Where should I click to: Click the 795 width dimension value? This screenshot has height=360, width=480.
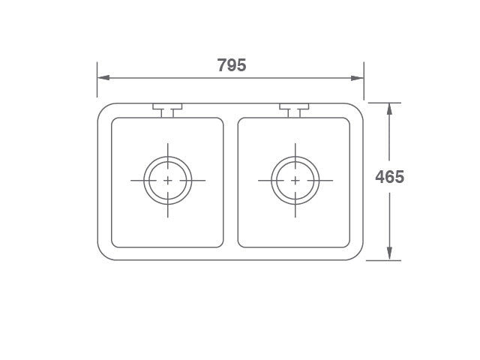pyautogui.click(x=232, y=65)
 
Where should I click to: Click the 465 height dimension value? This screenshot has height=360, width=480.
pyautogui.click(x=389, y=177)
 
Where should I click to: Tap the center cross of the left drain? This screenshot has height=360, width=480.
pyautogui.click(x=167, y=181)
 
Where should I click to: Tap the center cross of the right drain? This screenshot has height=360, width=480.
pyautogui.click(x=295, y=181)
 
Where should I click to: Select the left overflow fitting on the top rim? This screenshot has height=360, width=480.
pyautogui.click(x=167, y=109)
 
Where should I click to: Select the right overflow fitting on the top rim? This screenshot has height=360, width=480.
pyautogui.click(x=295, y=109)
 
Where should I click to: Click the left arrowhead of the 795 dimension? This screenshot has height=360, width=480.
pyautogui.click(x=103, y=77)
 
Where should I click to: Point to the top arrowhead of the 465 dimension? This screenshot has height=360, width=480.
pyautogui.click(x=389, y=109)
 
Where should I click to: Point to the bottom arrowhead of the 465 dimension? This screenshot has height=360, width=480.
pyautogui.click(x=389, y=254)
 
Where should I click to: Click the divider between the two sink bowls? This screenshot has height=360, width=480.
pyautogui.click(x=231, y=182)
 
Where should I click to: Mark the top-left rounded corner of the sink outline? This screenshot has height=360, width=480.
pyautogui.click(x=103, y=109)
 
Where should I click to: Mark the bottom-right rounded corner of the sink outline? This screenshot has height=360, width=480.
pyautogui.click(x=358, y=255)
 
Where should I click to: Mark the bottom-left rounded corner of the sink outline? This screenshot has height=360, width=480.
pyautogui.click(x=103, y=255)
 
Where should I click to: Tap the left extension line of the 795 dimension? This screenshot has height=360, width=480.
pyautogui.click(x=97, y=82)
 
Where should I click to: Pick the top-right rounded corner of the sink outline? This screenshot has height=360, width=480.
pyautogui.click(x=358, y=109)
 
